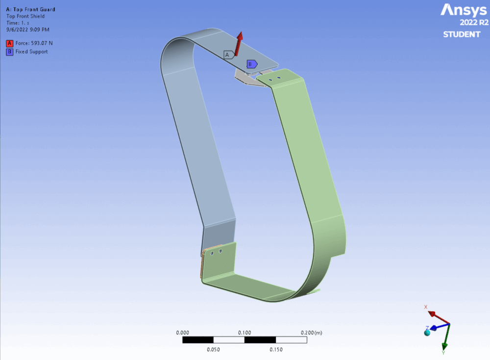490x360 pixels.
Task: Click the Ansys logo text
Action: tap(464, 10)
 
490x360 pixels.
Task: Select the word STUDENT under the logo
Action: tap(462, 34)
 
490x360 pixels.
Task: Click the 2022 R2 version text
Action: tap(473, 23)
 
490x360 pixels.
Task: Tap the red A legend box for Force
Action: tap(9, 43)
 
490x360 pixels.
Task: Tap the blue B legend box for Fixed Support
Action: tap(9, 51)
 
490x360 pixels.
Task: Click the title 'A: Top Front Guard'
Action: tap(30, 9)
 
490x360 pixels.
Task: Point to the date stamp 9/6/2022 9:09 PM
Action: tap(27, 29)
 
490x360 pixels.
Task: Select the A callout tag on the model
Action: tap(227, 55)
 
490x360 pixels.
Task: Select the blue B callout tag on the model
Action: tap(251, 64)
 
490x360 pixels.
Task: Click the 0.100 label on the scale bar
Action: tap(245, 333)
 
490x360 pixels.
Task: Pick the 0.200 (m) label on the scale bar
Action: tap(311, 333)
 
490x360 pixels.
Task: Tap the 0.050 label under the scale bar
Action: tap(213, 350)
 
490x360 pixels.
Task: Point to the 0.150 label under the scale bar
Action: tap(276, 350)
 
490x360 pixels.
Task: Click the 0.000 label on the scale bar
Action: tap(182, 333)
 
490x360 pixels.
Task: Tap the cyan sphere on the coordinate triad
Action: tap(427, 333)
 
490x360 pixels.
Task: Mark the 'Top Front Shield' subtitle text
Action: tap(25, 16)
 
